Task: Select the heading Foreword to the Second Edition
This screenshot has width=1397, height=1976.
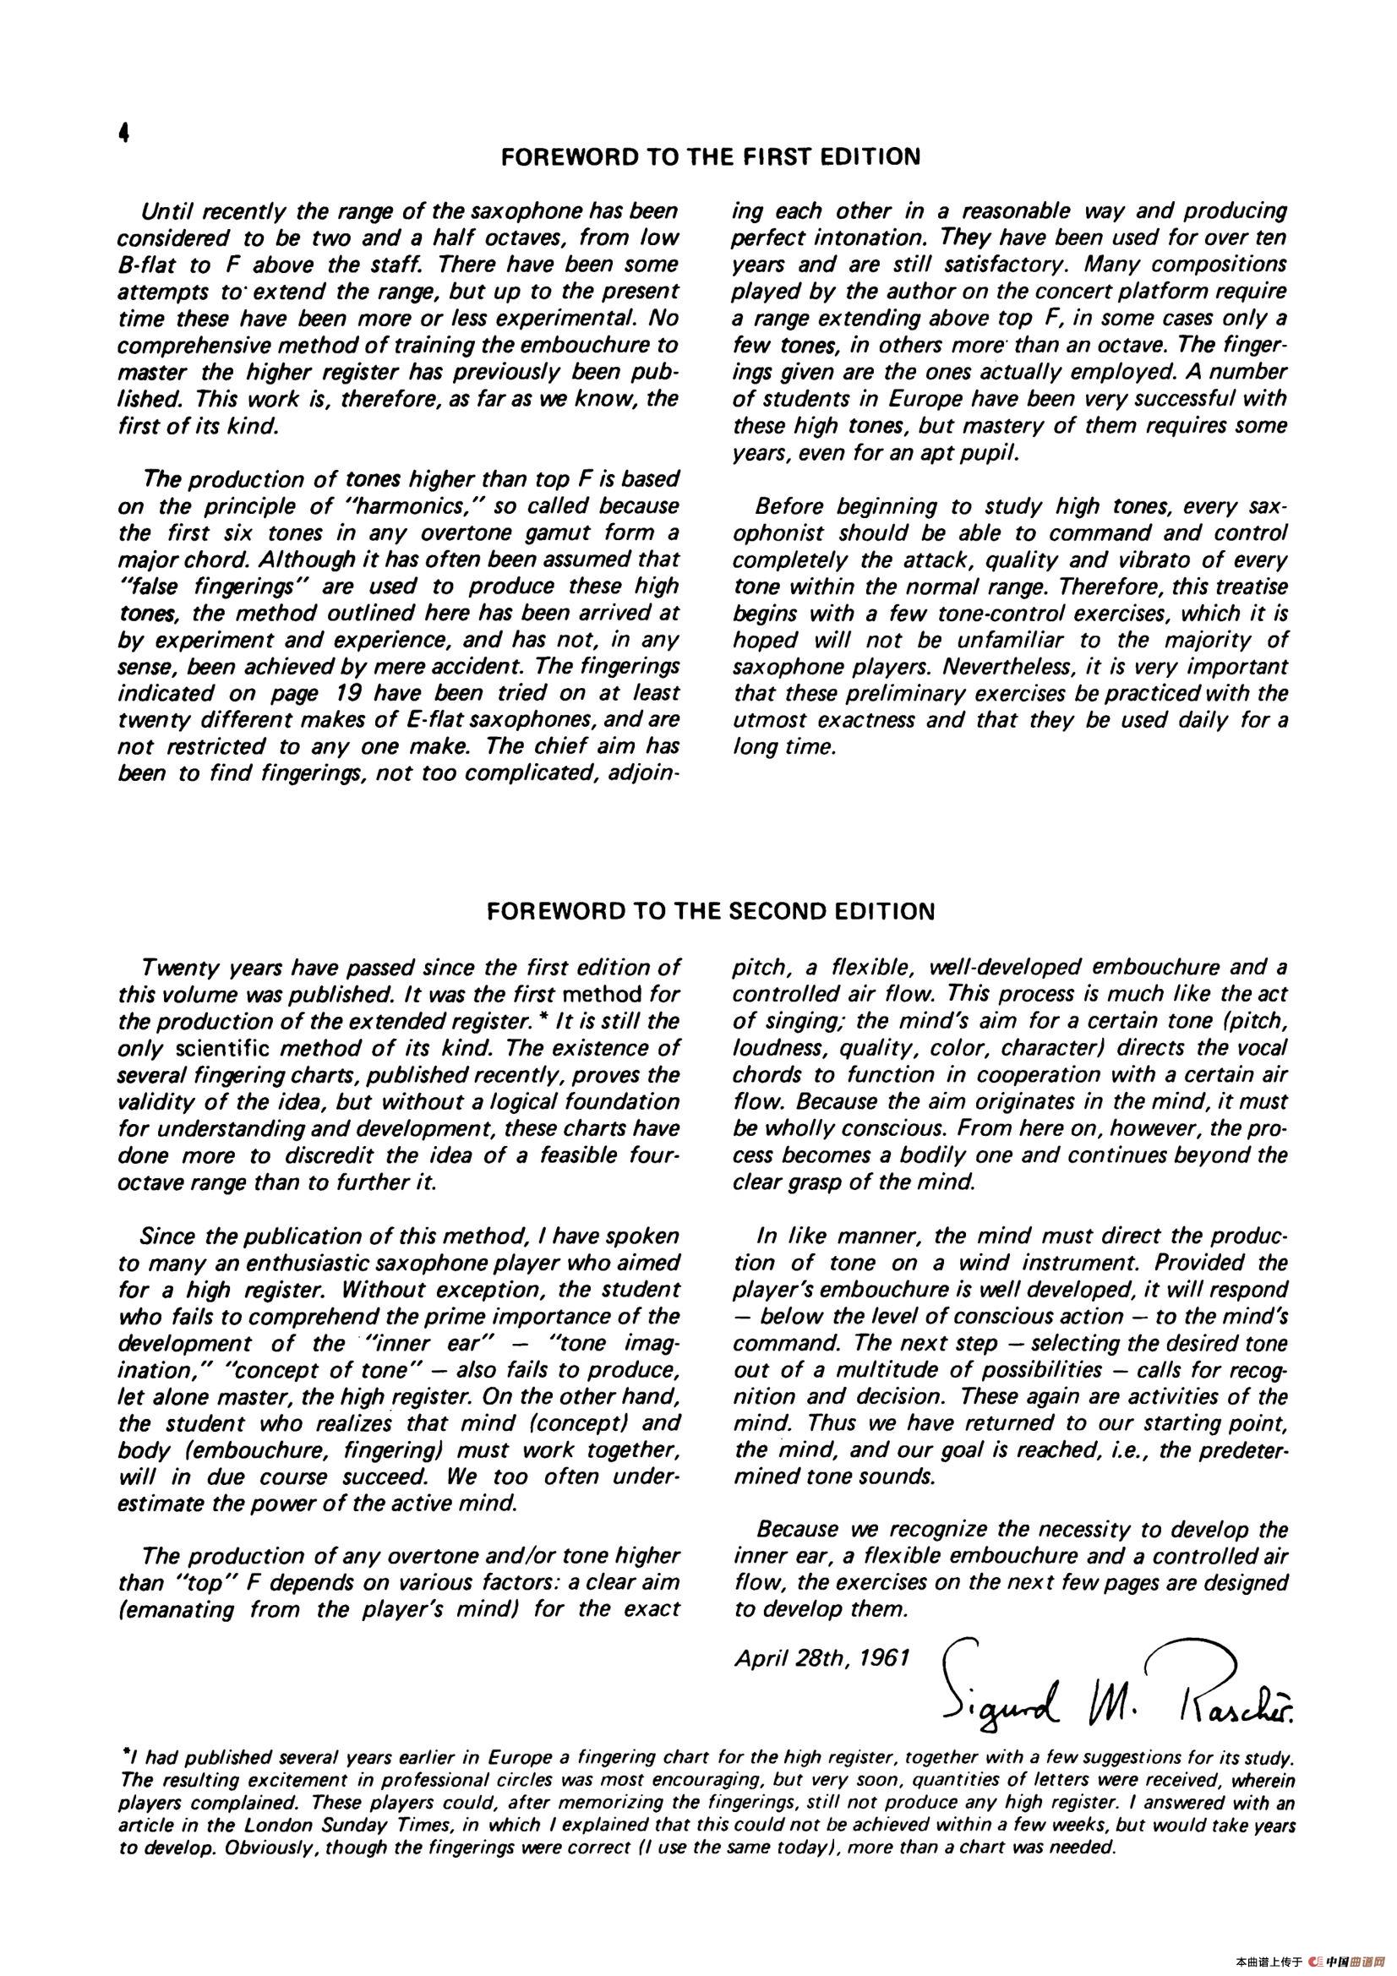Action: pyautogui.click(x=710, y=911)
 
